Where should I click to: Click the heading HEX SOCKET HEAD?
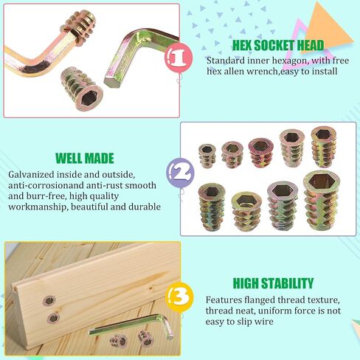tap(278, 45)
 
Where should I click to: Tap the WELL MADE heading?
tap(85, 159)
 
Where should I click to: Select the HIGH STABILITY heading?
tap(273, 283)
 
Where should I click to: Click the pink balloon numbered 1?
tap(179, 58)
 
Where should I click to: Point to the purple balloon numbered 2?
tap(180, 172)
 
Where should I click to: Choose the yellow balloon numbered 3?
tap(179, 297)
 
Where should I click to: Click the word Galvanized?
tap(31, 175)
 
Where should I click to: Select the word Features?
tap(224, 300)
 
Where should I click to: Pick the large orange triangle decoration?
tap(327, 27)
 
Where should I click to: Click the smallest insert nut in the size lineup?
tap(207, 156)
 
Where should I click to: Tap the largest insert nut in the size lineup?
tap(322, 200)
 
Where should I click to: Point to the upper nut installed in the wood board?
tap(49, 301)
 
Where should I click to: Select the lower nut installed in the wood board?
tap(53, 319)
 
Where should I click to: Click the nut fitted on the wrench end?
tap(79, 27)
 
